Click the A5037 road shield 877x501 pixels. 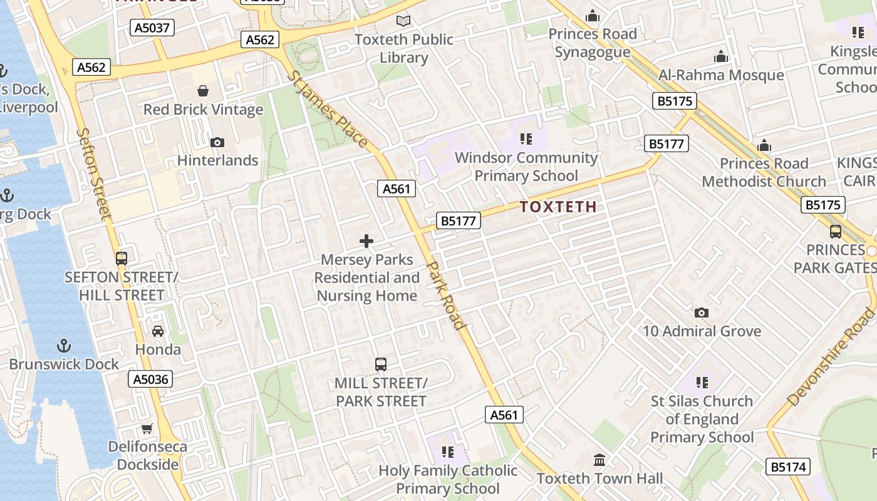tap(152, 28)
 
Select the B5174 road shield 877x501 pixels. tap(788, 467)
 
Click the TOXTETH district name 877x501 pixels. tap(558, 207)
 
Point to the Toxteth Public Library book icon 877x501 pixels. tap(404, 21)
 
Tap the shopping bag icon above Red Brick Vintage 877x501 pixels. tap(203, 91)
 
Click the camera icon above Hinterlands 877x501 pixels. tap(217, 142)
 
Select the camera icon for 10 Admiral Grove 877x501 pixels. tap(702, 312)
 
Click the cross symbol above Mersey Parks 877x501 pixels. tap(366, 241)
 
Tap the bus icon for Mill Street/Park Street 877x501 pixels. tap(380, 364)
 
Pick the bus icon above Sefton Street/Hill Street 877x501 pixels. tap(122, 258)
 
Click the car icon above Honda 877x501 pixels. tap(158, 331)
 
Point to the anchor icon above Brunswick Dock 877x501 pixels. tap(63, 346)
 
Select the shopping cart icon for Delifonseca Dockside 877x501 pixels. tap(147, 428)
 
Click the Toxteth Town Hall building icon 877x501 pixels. tap(599, 460)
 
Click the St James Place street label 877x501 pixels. tap(328, 108)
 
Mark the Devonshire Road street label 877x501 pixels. tap(830, 357)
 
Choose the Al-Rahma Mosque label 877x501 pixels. tap(721, 75)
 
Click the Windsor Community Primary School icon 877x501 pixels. tap(526, 138)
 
